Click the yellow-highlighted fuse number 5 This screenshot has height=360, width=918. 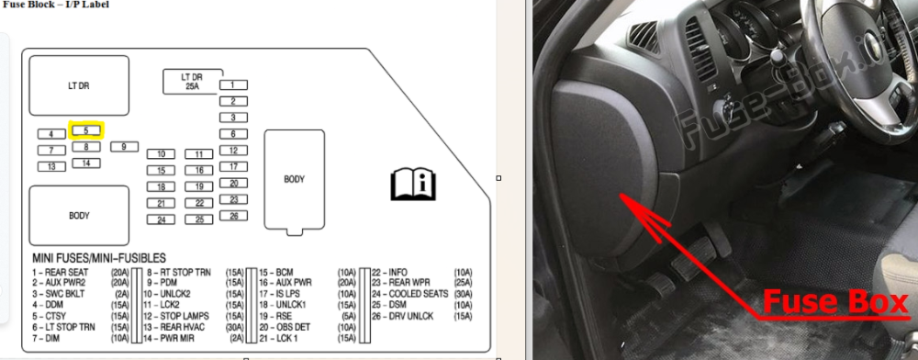tap(86, 130)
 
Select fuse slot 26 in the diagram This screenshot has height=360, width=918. tap(233, 216)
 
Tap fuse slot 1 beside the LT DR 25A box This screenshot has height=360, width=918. tap(233, 84)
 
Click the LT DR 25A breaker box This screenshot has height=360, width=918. tap(192, 82)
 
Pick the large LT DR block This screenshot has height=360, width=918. tap(79, 85)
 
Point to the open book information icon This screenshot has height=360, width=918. tap(413, 184)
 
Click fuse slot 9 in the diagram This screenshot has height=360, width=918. tap(124, 147)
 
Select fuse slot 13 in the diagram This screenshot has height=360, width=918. tap(51, 167)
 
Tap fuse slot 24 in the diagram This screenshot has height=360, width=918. tap(161, 220)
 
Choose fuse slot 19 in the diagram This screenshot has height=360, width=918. tap(199, 186)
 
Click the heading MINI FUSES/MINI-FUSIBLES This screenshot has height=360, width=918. tap(99, 258)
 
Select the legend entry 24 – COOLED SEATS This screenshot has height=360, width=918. tap(410, 294)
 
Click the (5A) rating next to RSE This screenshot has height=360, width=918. tap(347, 316)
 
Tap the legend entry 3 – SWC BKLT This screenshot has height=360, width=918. tap(59, 294)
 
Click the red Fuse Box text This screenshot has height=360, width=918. tap(835, 303)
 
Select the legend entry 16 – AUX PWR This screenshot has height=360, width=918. tap(285, 283)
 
